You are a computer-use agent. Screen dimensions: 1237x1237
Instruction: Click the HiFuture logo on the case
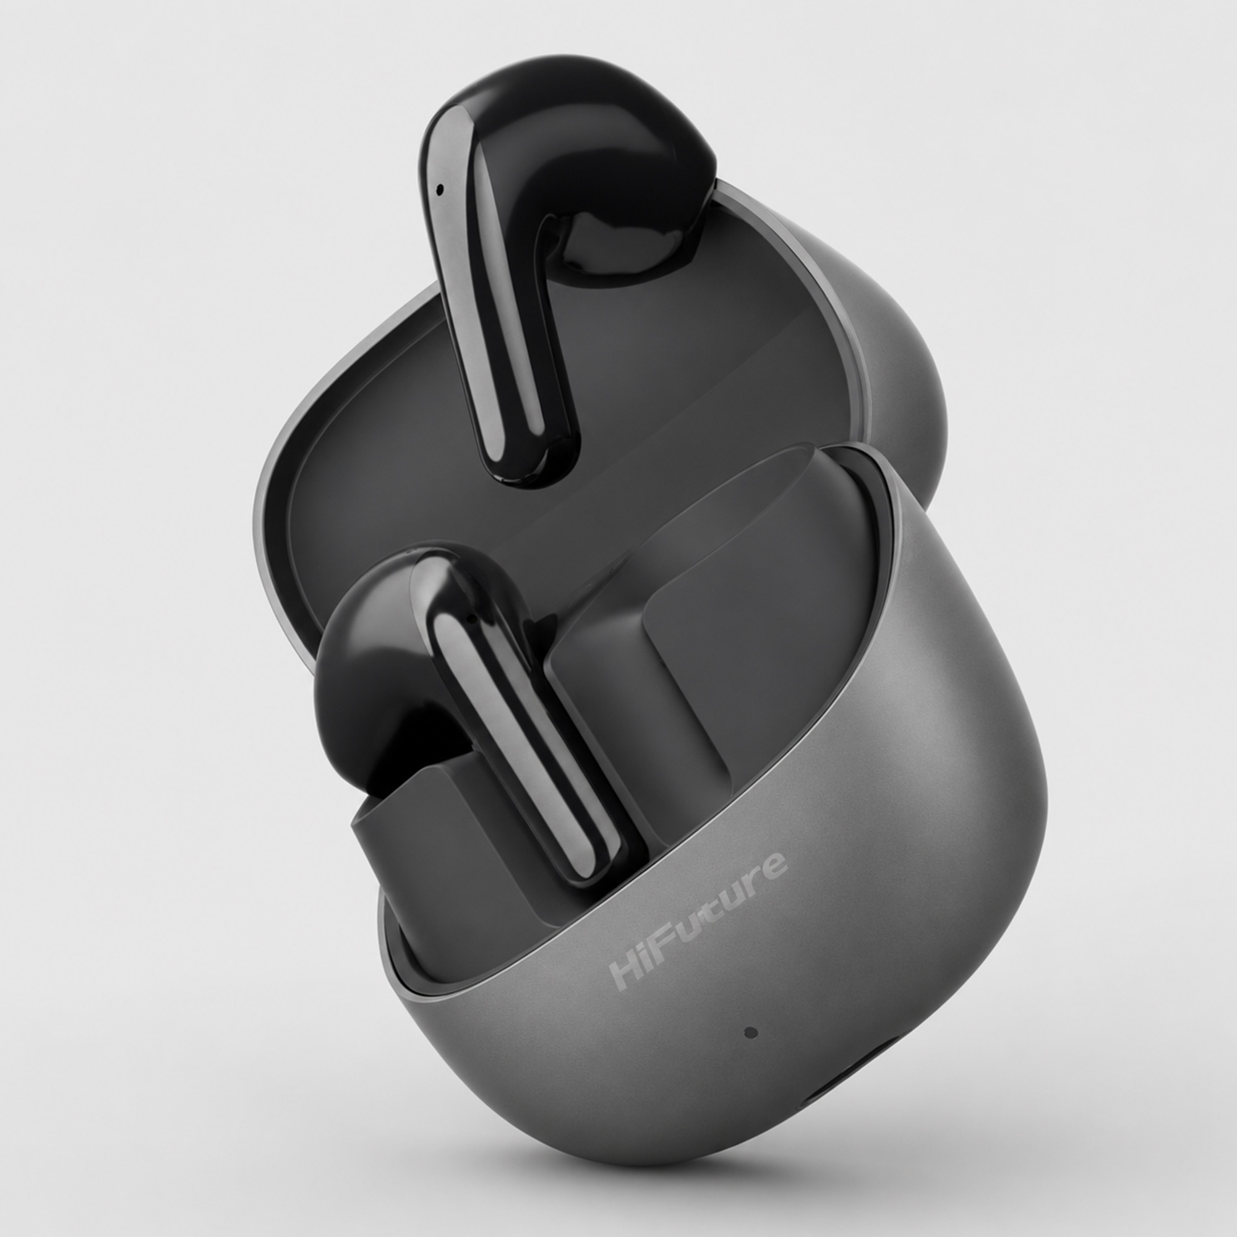[x=698, y=921]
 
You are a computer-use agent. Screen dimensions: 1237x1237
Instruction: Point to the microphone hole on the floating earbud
[x=439, y=189]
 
